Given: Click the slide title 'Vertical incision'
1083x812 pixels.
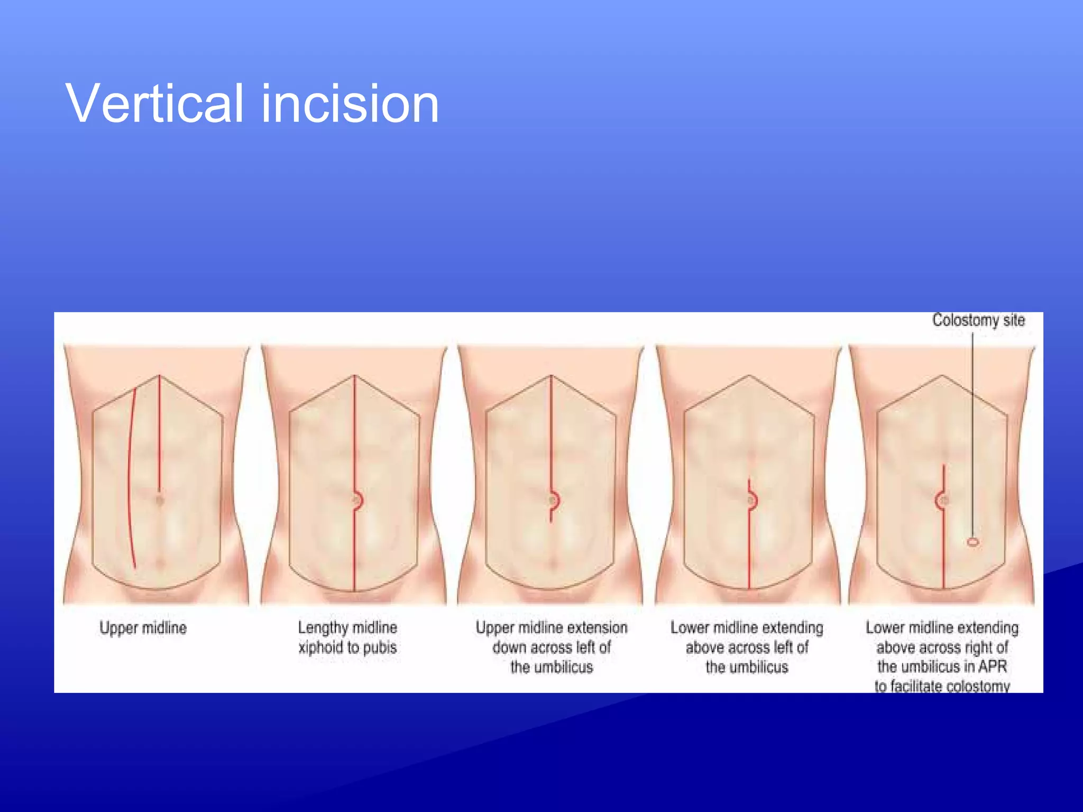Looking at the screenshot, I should [x=252, y=104].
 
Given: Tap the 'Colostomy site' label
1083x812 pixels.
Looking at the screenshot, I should [x=978, y=320].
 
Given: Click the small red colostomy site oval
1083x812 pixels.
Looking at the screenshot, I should [x=973, y=542].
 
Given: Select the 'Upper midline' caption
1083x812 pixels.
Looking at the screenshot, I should [x=143, y=628].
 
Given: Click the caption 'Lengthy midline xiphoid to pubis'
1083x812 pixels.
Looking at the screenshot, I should [x=347, y=638].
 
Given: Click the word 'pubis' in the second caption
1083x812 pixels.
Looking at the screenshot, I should [x=380, y=648].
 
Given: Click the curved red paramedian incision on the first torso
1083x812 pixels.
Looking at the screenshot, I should [x=129, y=476].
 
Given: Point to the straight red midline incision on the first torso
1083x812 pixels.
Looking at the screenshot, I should [x=159, y=433].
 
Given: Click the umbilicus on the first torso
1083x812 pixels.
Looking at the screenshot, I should [x=160, y=500].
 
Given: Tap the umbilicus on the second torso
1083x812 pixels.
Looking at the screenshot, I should [x=356, y=500].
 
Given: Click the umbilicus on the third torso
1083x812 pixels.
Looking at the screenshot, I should [x=553, y=500].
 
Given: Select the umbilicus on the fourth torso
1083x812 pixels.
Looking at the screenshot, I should [x=750, y=500].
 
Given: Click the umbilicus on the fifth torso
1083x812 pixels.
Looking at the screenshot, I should [x=944, y=500].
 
